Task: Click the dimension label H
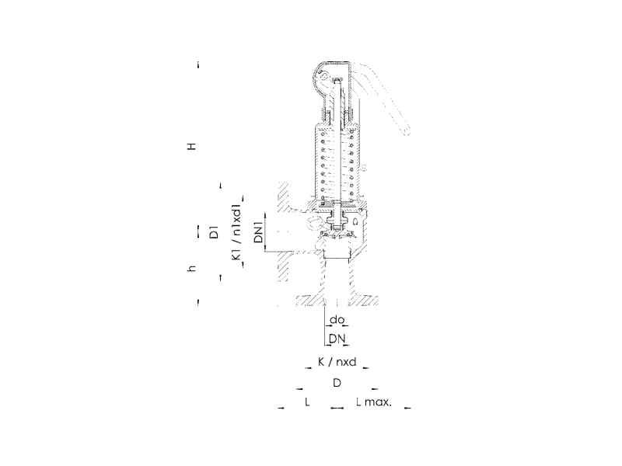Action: click(191, 147)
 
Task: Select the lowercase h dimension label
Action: click(191, 269)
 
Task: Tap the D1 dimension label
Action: click(214, 231)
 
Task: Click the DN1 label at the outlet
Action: click(259, 232)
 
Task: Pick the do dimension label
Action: click(337, 319)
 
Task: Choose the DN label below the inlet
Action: click(337, 339)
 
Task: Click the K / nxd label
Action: click(337, 362)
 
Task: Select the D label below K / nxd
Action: click(337, 383)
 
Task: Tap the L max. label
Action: click(374, 402)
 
